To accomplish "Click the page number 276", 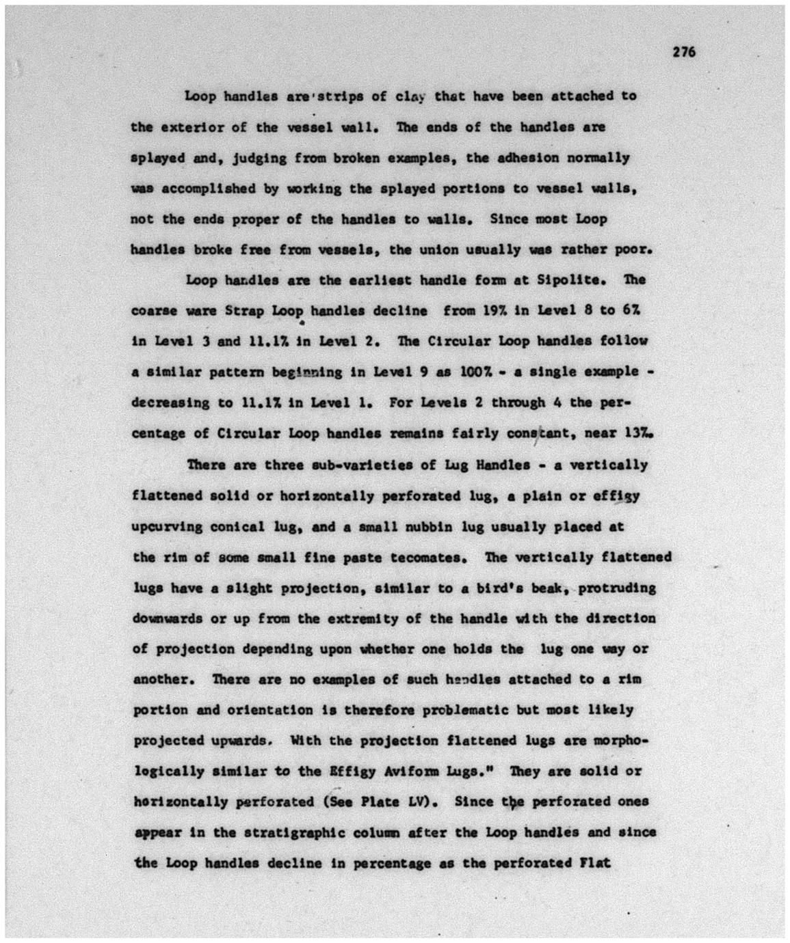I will pyautogui.click(x=683, y=52).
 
